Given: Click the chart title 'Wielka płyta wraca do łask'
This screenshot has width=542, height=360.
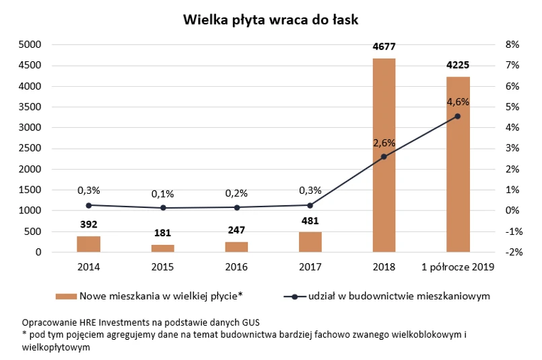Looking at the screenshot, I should pos(271,20).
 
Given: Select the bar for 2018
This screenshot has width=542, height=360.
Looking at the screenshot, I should pos(384,155).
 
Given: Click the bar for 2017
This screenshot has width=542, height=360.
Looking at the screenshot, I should pos(310,242).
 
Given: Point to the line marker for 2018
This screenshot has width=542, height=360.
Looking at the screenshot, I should pos(384,157).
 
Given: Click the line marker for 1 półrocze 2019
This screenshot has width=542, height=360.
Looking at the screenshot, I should pos(458,116).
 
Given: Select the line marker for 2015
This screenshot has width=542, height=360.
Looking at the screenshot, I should pos(162,208).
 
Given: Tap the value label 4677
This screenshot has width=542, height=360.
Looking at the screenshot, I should pos(384,47).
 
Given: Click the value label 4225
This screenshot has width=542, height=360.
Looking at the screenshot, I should pos(458,66).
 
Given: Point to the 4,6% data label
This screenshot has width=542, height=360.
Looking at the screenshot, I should pos(458,102).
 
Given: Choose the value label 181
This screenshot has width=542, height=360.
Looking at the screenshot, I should pos(162,233).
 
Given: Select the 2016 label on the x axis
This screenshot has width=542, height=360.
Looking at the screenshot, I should pos(236,267).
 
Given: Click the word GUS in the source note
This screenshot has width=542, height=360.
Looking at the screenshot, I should pos(250,321).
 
